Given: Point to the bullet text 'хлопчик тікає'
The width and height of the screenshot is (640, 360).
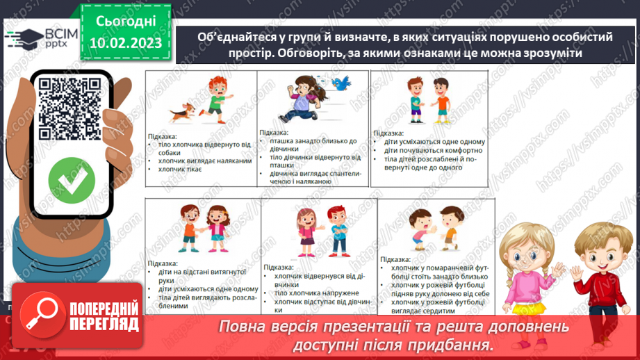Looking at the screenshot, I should tap(175, 169).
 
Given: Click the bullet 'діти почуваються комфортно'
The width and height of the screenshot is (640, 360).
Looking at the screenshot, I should tap(433, 150).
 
